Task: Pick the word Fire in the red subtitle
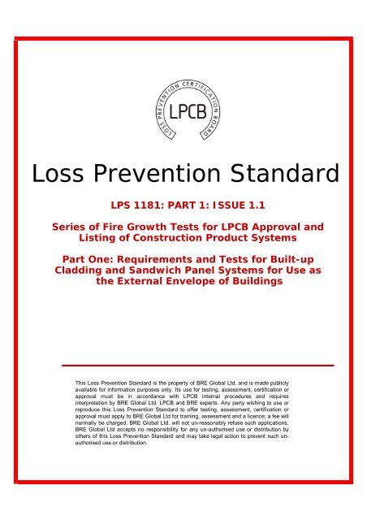tap(124, 227)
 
